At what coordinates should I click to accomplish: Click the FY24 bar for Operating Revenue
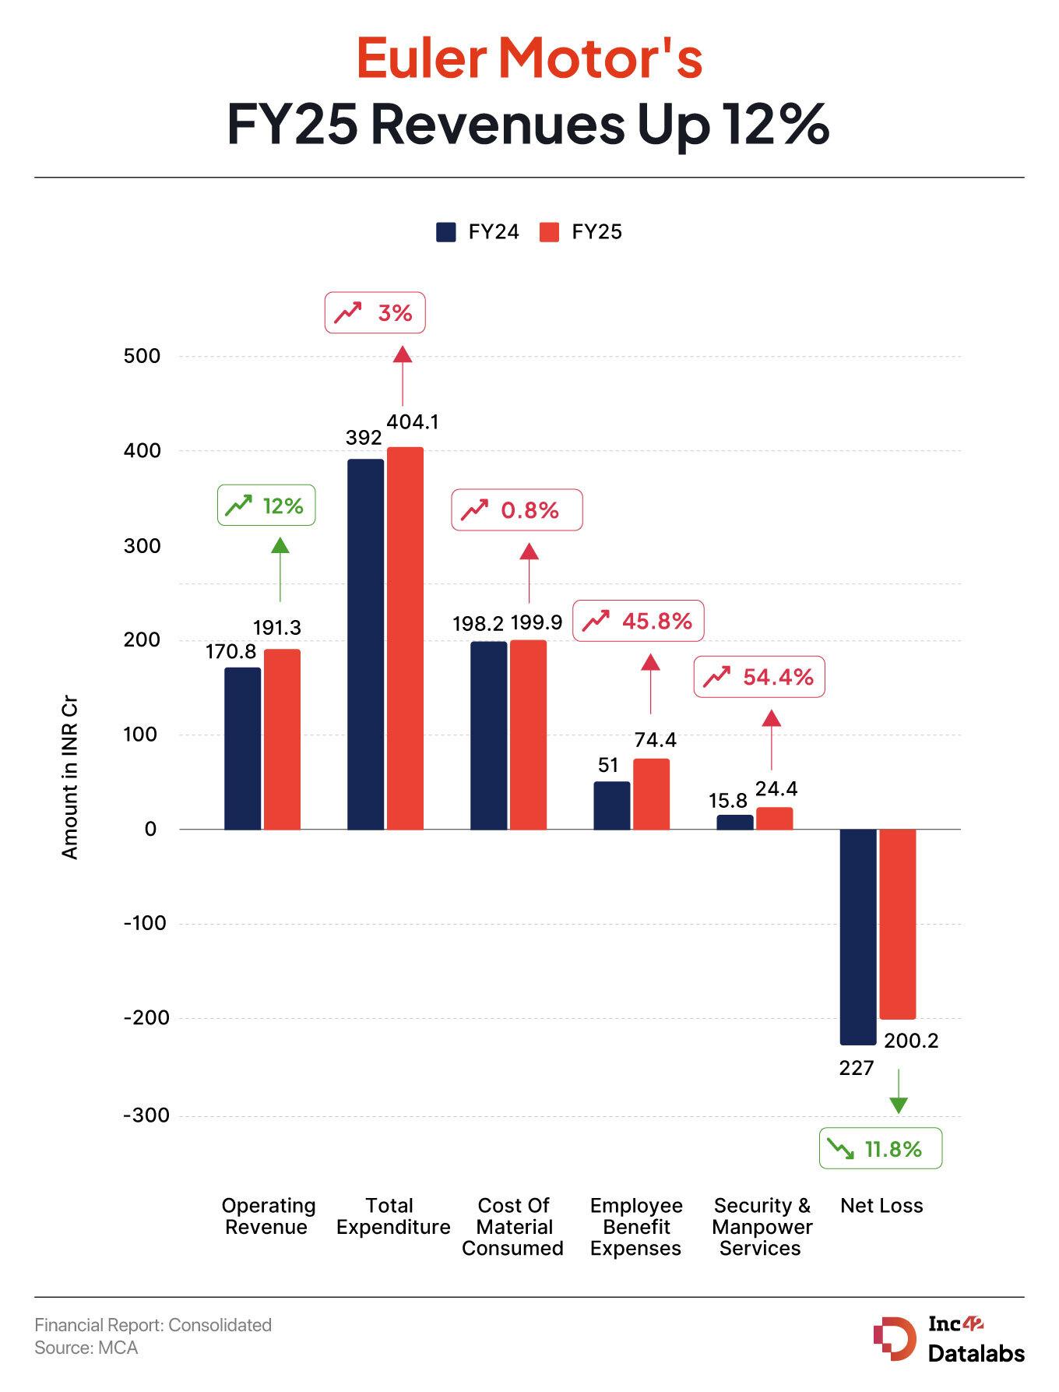coord(242,748)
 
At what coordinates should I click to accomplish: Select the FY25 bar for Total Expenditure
coord(405,638)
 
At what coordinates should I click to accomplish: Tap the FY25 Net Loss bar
coord(897,924)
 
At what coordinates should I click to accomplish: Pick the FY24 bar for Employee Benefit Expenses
coord(611,805)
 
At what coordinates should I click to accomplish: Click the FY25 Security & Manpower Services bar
coord(774,818)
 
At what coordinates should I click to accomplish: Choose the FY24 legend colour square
coord(446,232)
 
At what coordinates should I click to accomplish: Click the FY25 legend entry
coord(581,232)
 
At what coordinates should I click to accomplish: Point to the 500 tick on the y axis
coord(142,357)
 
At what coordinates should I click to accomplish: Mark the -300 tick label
coord(146,1115)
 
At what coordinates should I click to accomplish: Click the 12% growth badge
coord(266,506)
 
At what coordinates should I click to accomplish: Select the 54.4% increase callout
coord(758,677)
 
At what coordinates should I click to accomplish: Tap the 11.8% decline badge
coord(880,1149)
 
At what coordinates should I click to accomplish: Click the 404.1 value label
coord(413,422)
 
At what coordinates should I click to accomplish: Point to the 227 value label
coord(856,1068)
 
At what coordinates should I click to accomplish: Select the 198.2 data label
coord(477,623)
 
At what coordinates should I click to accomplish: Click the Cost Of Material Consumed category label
coord(512,1227)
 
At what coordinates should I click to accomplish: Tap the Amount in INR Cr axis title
coord(70,778)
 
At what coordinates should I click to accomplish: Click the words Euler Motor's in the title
coord(529,58)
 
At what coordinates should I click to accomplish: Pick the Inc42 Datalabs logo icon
coord(895,1338)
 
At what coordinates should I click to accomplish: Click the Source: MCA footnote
coord(86,1348)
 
